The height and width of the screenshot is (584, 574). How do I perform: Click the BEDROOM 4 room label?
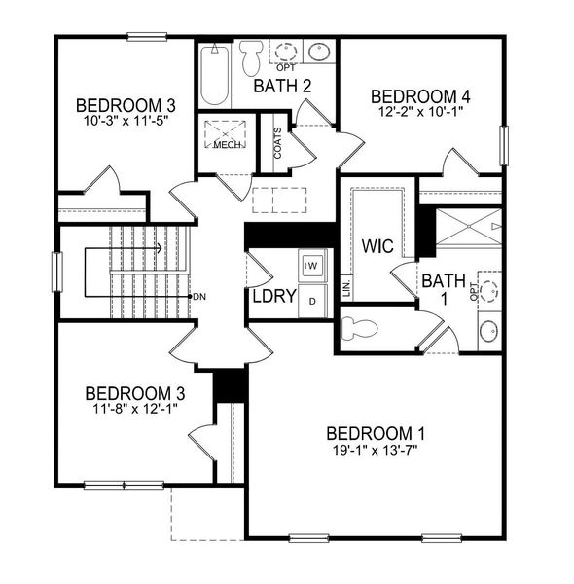(421, 96)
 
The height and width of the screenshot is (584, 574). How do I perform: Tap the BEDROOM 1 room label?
(376, 433)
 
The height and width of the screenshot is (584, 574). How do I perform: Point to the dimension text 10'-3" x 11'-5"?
(126, 123)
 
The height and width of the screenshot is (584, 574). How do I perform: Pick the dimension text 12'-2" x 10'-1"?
(421, 113)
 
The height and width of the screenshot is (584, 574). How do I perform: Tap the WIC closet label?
(377, 246)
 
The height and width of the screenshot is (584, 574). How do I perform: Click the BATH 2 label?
(282, 87)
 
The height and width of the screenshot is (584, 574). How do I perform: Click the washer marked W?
(311, 265)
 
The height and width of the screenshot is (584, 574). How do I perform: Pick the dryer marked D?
(311, 300)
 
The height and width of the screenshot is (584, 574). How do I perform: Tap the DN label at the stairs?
(199, 296)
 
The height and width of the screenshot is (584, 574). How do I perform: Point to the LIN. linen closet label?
(346, 288)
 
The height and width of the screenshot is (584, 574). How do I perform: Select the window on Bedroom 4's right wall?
(504, 146)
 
